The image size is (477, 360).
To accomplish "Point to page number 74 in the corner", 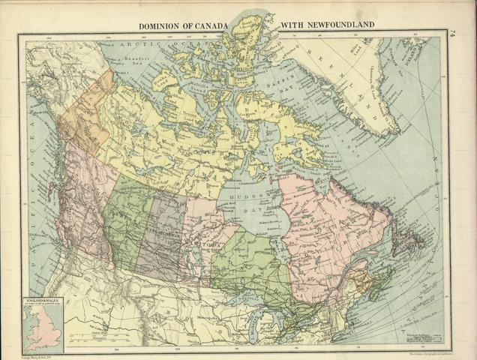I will (453, 33).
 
